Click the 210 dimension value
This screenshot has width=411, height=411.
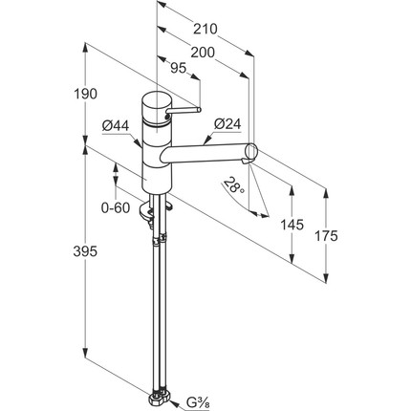(205, 29)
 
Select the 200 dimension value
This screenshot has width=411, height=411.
(203, 53)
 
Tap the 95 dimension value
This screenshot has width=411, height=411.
(178, 68)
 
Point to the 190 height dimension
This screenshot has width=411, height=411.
(85, 94)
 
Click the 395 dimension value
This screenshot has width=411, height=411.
(85, 251)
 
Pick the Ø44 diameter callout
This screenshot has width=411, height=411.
(116, 126)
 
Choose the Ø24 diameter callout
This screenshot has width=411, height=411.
(227, 124)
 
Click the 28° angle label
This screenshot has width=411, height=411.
(234, 185)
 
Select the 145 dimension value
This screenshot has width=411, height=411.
(292, 225)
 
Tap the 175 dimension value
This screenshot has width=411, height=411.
(326, 236)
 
